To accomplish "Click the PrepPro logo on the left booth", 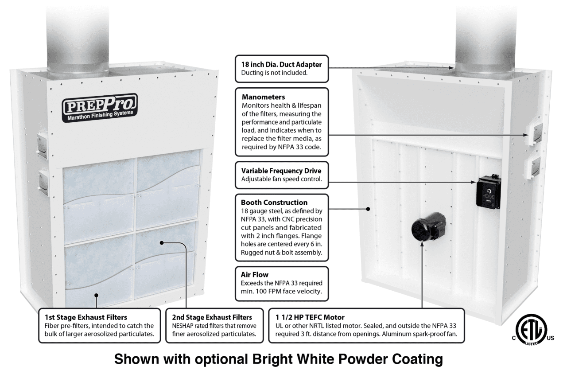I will [100, 107].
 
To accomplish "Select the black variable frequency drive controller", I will [488, 193].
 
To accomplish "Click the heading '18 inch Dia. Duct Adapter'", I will [281, 64].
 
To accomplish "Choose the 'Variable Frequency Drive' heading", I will [281, 171].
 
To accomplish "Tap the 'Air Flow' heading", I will [255, 274].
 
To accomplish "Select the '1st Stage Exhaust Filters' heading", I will [86, 317].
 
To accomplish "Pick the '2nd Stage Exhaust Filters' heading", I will [212, 317].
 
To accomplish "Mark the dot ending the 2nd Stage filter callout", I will [163, 242].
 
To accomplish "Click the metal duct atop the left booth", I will [77, 35].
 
